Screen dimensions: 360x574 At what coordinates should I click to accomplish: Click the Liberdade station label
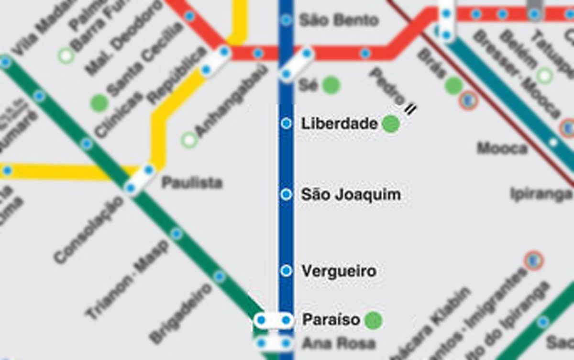tap(339, 124)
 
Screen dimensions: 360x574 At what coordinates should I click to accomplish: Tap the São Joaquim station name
tap(351, 195)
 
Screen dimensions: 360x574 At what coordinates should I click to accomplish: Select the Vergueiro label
tap(339, 271)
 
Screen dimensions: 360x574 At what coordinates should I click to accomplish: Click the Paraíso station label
tap(331, 320)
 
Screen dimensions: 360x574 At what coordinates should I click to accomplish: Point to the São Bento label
tap(338, 20)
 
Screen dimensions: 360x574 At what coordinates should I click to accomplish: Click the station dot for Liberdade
tap(286, 124)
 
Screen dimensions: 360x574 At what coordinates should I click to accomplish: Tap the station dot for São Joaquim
tap(286, 194)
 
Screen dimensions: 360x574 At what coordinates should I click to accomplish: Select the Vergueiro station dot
tap(286, 271)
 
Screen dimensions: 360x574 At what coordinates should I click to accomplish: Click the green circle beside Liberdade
tap(391, 124)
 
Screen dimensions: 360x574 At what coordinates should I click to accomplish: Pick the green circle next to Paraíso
tap(373, 320)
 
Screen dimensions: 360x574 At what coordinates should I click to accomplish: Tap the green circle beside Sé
tap(331, 85)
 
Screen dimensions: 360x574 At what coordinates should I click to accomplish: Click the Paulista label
tap(192, 182)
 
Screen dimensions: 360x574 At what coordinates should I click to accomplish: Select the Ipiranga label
tap(541, 194)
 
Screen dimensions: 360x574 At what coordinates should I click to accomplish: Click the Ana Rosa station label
tap(338, 343)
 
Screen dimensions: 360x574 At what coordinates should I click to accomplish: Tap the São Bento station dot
tap(286, 20)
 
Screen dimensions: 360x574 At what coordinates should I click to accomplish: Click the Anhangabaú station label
tap(230, 103)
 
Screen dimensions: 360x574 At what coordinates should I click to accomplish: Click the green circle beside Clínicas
tap(99, 103)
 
